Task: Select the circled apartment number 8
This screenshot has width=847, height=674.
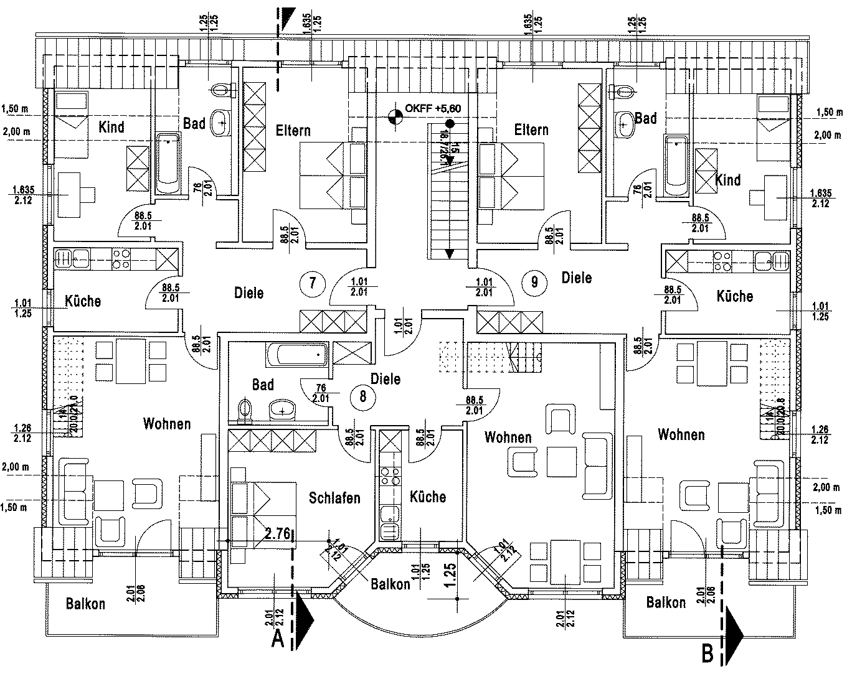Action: [x=362, y=395]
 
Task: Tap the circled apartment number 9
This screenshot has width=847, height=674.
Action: [x=534, y=281]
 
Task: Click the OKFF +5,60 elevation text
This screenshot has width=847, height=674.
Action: [x=433, y=108]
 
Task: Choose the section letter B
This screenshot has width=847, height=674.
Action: [x=707, y=654]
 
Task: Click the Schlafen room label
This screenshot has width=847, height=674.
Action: [x=334, y=498]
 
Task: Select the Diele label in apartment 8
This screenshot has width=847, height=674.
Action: [x=385, y=378]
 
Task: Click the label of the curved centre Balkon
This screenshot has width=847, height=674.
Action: [x=390, y=584]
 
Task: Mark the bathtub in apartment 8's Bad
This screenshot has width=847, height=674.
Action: [x=298, y=355]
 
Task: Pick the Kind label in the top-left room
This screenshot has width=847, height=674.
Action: [x=111, y=127]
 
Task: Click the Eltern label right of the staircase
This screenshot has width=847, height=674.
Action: [x=531, y=129]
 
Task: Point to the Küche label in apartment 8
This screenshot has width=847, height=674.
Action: [x=428, y=497]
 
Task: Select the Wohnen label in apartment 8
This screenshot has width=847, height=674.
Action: [x=508, y=437]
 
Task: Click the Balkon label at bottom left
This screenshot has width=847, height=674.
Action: [x=85, y=603]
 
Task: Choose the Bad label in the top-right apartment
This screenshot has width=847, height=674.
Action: [x=646, y=118]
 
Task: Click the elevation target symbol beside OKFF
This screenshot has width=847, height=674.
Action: [x=394, y=116]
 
